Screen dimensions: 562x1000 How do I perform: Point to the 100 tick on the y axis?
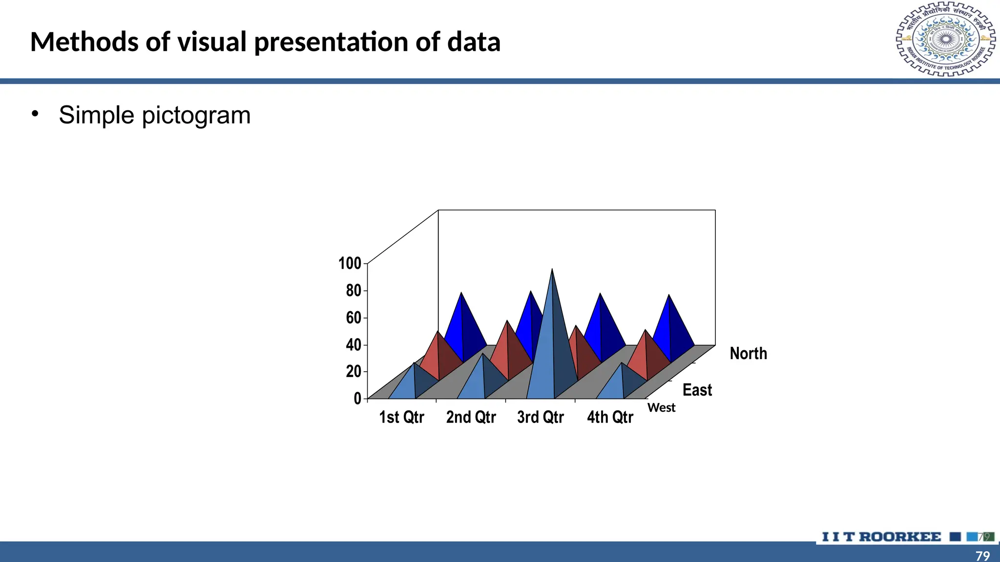pos(350,263)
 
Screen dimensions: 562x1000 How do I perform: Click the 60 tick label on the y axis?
pos(354,318)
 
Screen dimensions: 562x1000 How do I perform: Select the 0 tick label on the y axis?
pos(357,399)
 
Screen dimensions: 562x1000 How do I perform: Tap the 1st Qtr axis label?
pos(401,418)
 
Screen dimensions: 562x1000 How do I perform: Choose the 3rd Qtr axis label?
pos(540,418)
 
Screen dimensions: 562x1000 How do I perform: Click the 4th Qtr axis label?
pos(610,418)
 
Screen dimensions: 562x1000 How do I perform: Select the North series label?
pos(748,354)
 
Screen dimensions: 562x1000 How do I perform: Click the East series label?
pos(697,390)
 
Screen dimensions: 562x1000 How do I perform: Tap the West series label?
pos(661,408)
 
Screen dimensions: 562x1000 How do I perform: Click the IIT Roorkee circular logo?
pos(945,39)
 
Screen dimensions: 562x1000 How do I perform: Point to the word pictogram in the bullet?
pos(196,116)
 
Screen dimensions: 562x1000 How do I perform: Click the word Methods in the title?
pos(84,42)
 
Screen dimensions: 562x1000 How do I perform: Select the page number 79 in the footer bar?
pos(982,556)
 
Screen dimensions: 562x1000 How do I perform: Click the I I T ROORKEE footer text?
pos(881,537)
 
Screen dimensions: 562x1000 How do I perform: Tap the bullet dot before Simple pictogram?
pos(34,114)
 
